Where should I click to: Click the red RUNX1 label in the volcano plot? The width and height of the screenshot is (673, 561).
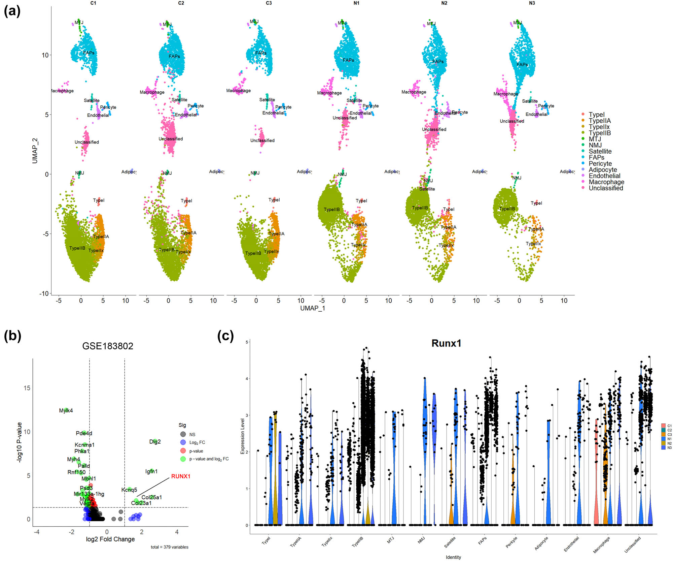[181, 476]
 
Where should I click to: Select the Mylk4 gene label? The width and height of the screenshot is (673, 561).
[66, 410]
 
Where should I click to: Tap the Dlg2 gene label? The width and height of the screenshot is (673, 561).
[155, 442]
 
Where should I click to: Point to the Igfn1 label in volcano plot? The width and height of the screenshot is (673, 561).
[151, 471]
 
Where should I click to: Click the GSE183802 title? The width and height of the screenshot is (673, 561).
[108, 346]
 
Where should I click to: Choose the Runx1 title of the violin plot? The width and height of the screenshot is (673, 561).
[446, 343]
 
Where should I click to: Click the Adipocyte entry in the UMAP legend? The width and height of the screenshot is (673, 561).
[602, 170]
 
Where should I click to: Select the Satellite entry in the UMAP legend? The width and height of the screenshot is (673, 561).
[600, 151]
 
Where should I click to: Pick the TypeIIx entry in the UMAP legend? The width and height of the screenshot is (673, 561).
[599, 127]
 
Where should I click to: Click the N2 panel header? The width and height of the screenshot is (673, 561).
[444, 3]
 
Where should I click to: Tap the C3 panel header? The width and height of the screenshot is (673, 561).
[269, 3]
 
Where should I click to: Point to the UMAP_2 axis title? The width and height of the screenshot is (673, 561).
[35, 151]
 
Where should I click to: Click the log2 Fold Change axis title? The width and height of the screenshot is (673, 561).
[110, 539]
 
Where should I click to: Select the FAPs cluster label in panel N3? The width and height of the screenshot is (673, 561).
[522, 64]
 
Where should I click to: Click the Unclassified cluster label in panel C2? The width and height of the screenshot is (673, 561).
[171, 139]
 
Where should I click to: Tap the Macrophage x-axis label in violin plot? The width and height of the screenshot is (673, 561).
[601, 545]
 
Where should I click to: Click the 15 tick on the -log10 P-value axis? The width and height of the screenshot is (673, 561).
[27, 388]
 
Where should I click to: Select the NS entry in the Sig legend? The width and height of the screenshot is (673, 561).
[192, 434]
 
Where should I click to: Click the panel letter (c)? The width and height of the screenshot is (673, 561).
[225, 336]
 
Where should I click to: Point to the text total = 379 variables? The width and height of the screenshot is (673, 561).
[169, 547]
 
